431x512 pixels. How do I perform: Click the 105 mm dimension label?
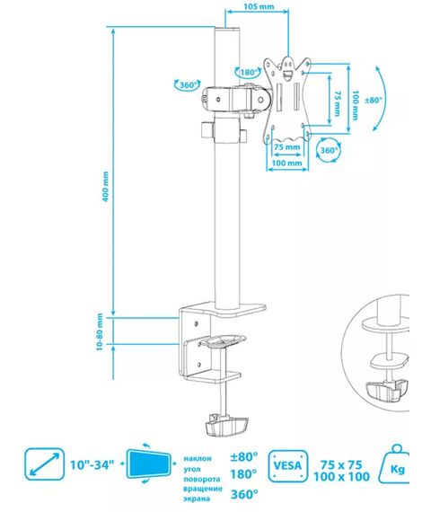(259, 6)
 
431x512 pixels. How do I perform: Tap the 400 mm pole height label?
(105, 187)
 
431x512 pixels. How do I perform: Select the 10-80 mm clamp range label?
(100, 331)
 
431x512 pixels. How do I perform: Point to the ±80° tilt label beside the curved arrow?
(373, 100)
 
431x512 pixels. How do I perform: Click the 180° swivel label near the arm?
(250, 72)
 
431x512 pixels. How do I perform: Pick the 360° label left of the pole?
(189, 85)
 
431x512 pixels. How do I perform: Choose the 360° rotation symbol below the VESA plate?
(328, 151)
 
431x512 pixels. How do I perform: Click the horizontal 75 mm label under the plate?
(287, 147)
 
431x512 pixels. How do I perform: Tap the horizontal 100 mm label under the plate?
(287, 163)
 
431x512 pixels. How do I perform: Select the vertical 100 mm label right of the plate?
(356, 105)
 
